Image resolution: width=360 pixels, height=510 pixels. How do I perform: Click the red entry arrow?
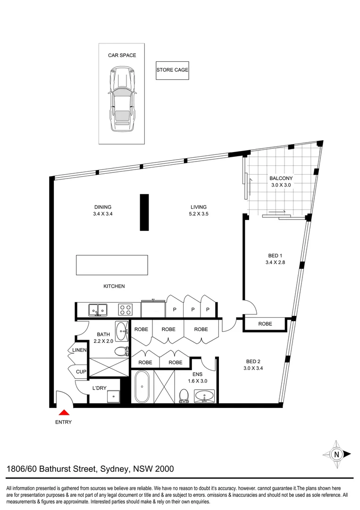point(63,412)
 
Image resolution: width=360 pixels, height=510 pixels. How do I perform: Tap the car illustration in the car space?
point(121,99)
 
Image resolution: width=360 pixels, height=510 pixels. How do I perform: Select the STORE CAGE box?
point(172,70)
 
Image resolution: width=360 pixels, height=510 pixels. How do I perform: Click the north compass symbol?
point(337,454)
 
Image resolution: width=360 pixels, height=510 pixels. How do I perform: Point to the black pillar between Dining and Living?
point(144,212)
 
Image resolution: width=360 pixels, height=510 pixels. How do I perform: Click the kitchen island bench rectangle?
point(112,265)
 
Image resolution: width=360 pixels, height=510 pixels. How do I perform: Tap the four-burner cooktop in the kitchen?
point(125,310)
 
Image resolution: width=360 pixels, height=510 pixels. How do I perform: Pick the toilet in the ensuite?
point(184,396)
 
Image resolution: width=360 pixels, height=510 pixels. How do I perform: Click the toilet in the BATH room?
point(123,351)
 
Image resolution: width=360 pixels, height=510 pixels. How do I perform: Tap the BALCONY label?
point(281,178)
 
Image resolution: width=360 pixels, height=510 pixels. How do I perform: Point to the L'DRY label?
point(100,388)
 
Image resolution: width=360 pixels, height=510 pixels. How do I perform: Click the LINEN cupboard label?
point(79,350)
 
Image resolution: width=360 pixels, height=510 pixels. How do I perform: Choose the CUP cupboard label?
point(81,372)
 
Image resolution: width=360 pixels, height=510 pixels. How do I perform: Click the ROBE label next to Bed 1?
point(265,324)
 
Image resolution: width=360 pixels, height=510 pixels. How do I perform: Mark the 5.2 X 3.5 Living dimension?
point(198,214)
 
